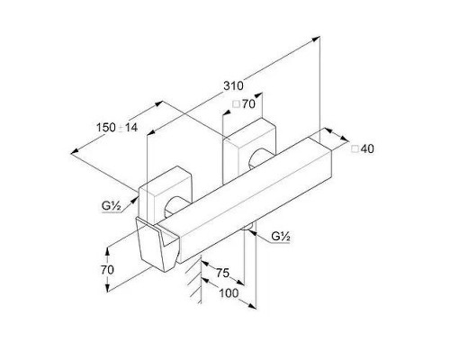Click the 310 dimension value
[233, 86]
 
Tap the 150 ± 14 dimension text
[117, 128]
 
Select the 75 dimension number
[223, 273]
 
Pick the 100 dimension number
[229, 292]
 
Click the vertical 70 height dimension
[107, 270]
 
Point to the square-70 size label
[244, 104]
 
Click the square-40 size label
[363, 148]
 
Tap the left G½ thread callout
[112, 206]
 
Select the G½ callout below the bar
[281, 237]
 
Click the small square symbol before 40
[355, 149]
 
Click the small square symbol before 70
[237, 104]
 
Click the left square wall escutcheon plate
[165, 195]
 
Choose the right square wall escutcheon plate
[249, 150]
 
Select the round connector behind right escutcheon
[259, 158]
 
